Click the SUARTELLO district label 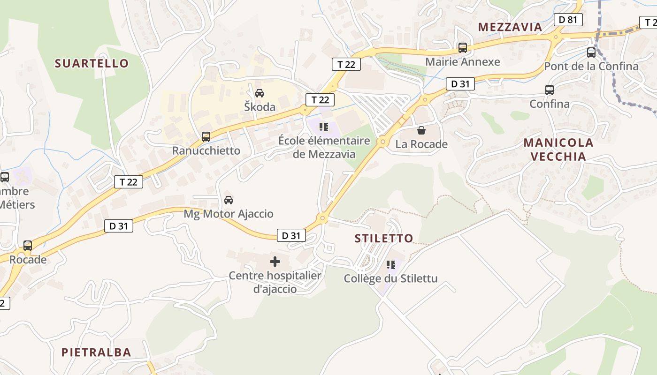(92, 63)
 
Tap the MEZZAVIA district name (510, 27)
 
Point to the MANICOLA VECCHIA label (558, 150)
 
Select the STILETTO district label (384, 238)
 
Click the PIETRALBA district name (96, 352)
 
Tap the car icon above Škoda (260, 93)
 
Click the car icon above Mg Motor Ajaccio (229, 200)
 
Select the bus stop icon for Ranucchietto (206, 137)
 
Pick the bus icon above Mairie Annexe (463, 47)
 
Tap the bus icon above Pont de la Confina (591, 52)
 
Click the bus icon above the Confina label (550, 90)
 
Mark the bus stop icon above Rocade (28, 246)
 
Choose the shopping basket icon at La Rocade (421, 130)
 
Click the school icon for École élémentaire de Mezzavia (323, 127)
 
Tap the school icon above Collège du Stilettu (390, 265)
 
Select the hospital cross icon (275, 261)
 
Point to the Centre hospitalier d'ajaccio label (275, 282)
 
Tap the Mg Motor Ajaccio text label (229, 214)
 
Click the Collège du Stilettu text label (390, 279)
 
